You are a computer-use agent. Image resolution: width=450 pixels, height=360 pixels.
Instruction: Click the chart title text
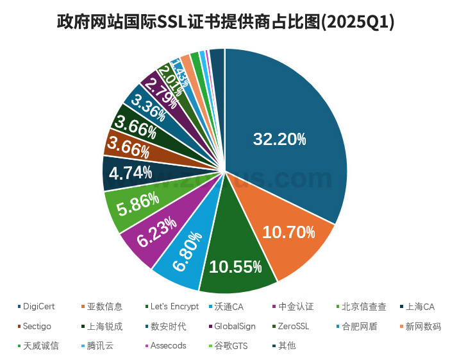225,22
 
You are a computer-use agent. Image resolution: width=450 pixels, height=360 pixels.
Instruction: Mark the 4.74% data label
130,173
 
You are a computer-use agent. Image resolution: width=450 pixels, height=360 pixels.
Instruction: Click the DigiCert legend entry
39,307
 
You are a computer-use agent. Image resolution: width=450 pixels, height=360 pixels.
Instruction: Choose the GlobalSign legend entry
234,326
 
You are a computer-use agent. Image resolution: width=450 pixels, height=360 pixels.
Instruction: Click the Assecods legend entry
169,345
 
